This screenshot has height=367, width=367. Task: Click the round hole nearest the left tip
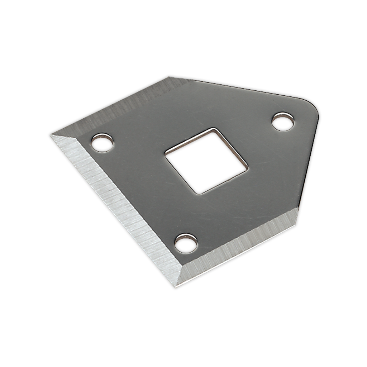click(x=102, y=143)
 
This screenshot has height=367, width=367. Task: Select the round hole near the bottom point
click(x=186, y=243)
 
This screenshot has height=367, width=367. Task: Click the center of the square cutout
click(x=206, y=161)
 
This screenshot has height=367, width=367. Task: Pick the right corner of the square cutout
click(x=247, y=167)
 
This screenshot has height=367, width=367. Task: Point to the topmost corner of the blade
click(x=168, y=76)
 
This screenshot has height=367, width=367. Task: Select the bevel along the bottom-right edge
click(x=240, y=247)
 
